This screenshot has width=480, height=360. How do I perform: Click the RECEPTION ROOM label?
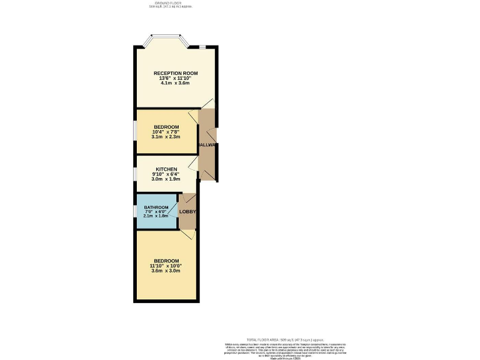176,73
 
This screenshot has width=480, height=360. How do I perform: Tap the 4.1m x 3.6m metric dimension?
176,83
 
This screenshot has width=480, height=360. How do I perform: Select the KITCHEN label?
166,169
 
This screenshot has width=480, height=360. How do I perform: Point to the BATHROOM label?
156,207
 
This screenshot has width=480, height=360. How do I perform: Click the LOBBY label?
187,212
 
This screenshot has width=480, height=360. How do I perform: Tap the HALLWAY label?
207,145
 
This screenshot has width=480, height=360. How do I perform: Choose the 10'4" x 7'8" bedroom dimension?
166,132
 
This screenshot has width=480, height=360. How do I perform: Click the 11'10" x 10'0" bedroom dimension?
166,266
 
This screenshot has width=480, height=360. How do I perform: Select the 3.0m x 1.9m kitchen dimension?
166,179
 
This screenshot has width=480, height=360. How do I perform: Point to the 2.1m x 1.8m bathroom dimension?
156,216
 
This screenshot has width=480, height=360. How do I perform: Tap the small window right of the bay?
202,46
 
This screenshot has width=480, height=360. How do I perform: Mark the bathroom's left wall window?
136,212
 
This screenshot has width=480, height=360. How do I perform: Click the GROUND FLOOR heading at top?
169,3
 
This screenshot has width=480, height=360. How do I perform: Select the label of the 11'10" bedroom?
166,261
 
